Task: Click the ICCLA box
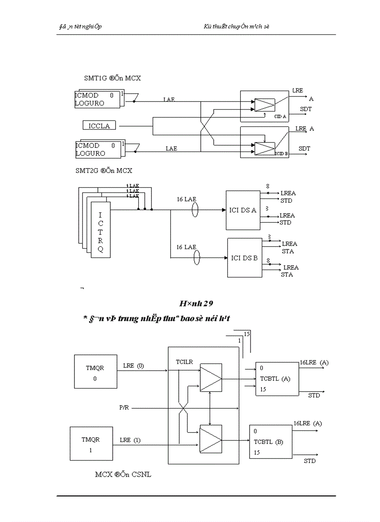[99, 126]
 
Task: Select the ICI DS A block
[243, 210]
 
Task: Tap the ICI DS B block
[244, 258]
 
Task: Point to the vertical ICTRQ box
[101, 230]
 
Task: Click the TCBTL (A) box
[277, 378]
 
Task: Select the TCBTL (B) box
[272, 442]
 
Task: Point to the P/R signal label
[124, 408]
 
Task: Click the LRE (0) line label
[134, 366]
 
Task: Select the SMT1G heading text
[112, 78]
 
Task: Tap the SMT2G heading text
[104, 171]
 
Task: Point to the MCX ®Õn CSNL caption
[123, 475]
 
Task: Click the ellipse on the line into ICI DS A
[195, 210]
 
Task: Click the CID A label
[280, 116]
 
